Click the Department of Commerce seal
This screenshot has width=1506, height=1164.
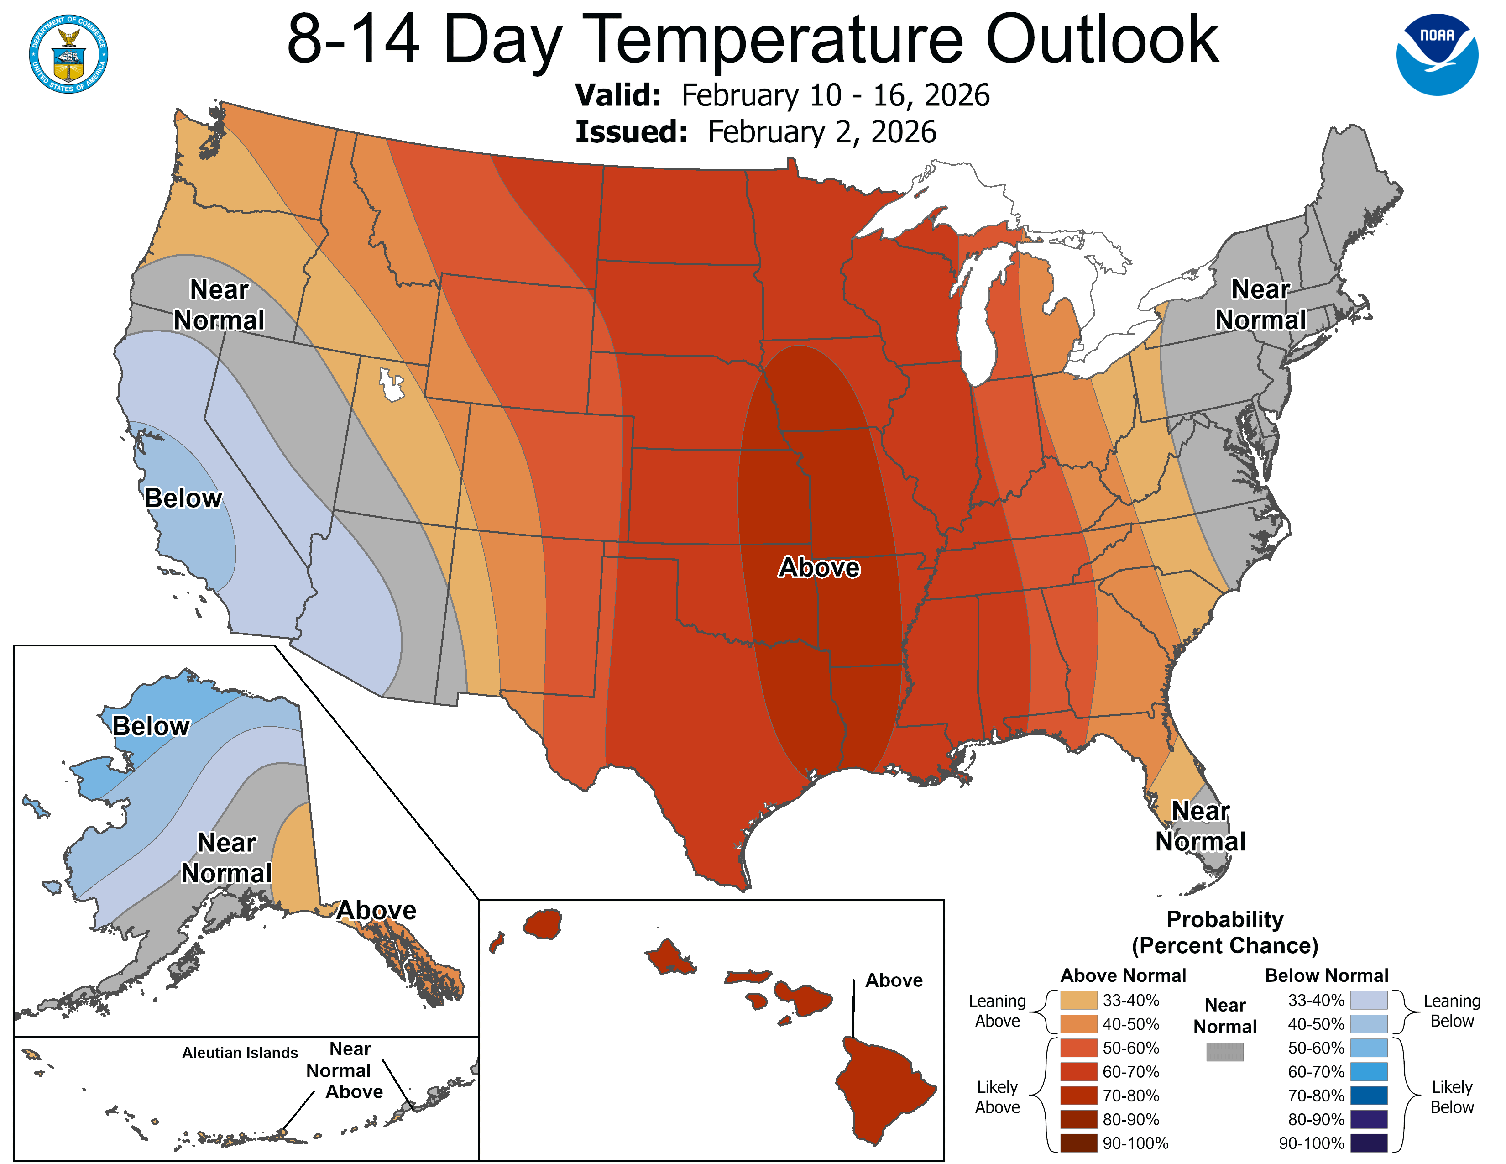pos(68,54)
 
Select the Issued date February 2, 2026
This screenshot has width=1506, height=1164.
pos(821,132)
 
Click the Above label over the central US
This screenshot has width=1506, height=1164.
pos(819,567)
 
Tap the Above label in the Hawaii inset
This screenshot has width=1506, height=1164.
pos(894,980)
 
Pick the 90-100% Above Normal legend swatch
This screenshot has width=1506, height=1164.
pos(1078,1143)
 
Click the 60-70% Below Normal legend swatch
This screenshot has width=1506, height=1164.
pos(1368,1072)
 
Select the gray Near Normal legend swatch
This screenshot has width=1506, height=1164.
pos(1225,1052)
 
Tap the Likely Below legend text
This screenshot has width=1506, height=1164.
pos(1452,1096)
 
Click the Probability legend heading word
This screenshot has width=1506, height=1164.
pos(1225,919)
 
